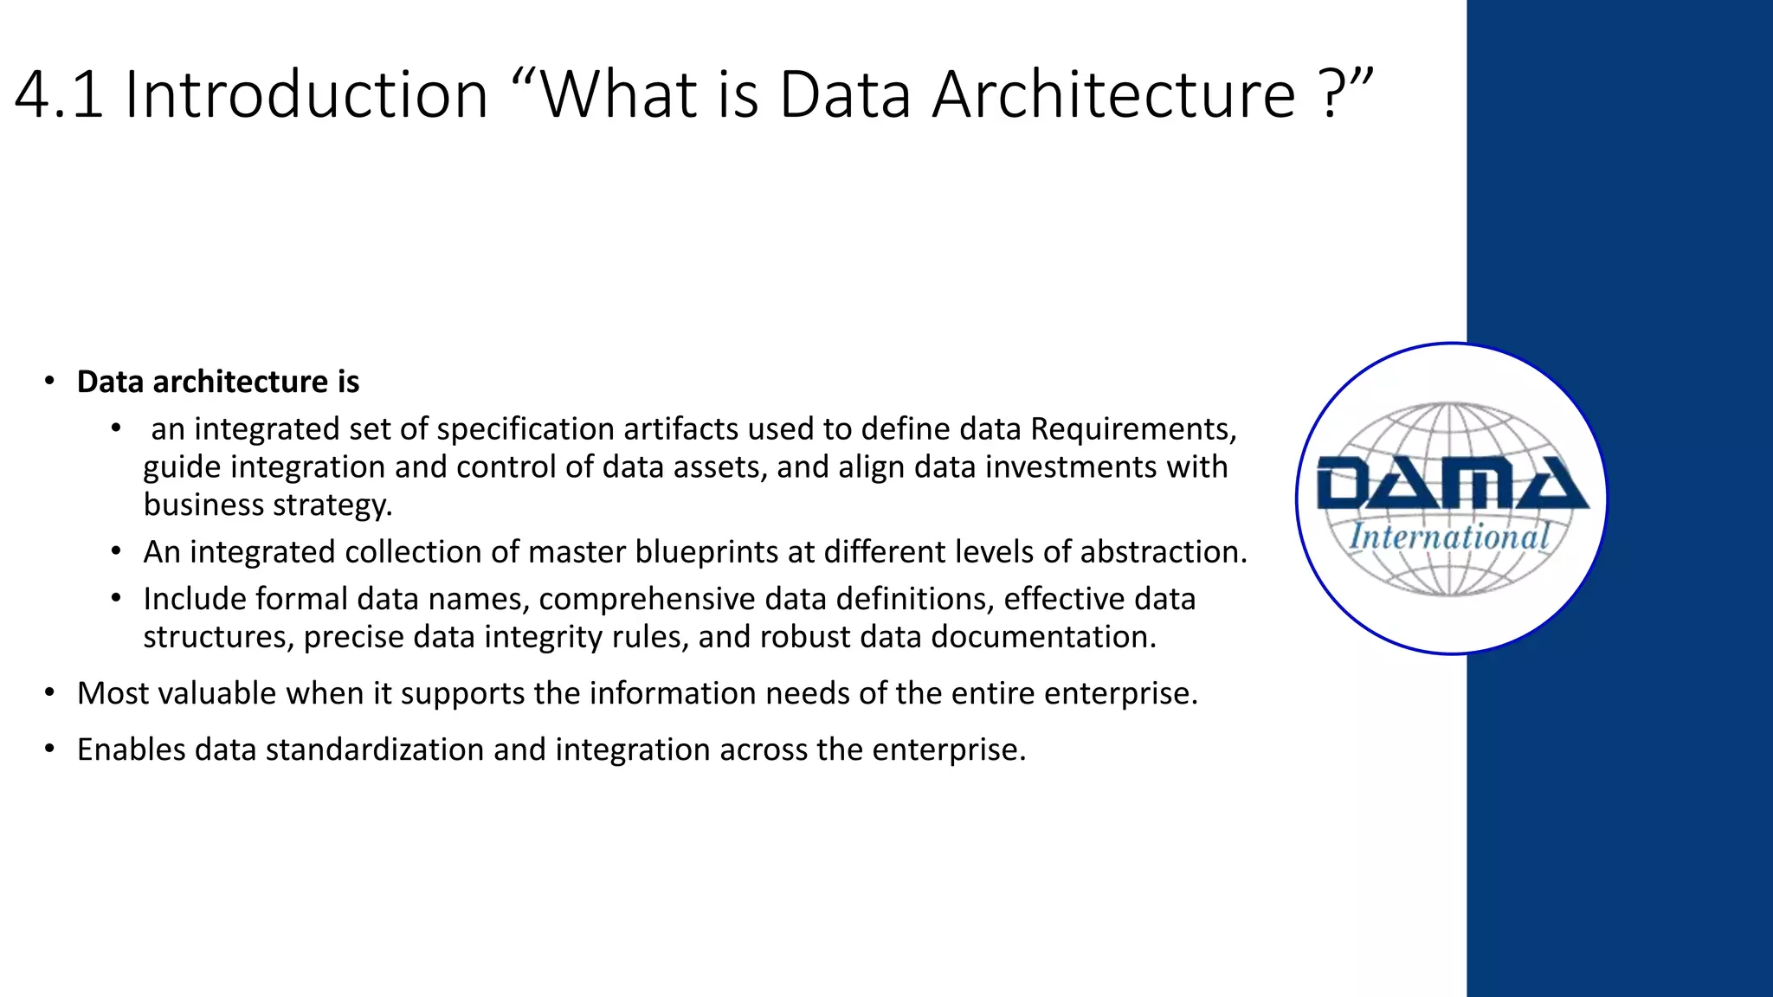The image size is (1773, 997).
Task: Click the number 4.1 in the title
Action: (59, 94)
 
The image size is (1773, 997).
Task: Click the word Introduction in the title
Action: (307, 94)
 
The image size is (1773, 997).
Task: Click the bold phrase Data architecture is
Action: (217, 382)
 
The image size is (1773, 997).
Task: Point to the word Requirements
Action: (1133, 429)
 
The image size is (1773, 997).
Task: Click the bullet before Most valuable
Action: (50, 693)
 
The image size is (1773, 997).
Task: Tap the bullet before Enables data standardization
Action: (50, 749)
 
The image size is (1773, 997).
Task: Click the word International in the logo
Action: (1449, 537)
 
